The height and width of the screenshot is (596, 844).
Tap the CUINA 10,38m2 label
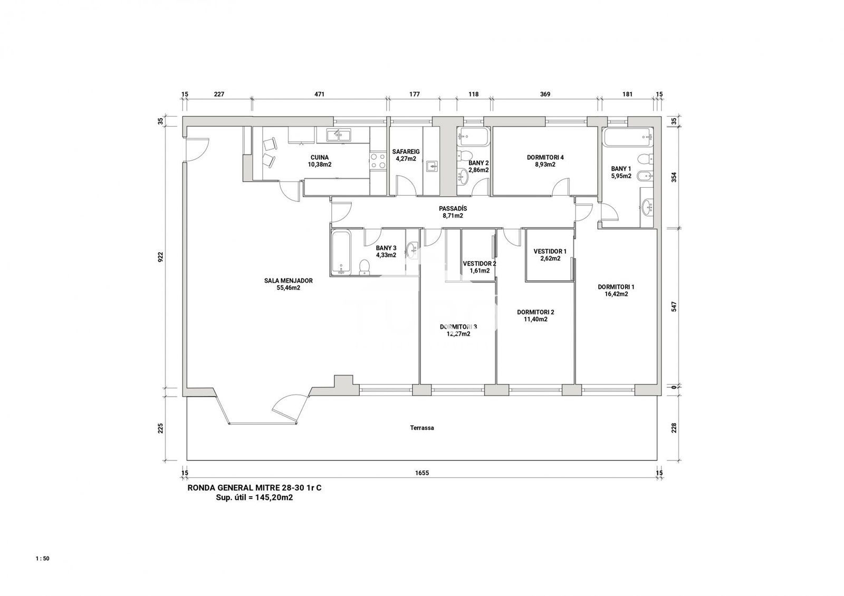pos(320,161)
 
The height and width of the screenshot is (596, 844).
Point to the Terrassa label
pos(422,428)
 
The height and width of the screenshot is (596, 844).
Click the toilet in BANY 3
pos(365,266)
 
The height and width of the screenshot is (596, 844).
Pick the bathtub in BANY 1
pos(627,137)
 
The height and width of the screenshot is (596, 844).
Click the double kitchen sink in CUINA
pos(75,136)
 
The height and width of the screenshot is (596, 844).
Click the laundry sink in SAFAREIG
pos(433,166)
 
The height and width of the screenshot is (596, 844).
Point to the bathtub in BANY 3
pos(341,252)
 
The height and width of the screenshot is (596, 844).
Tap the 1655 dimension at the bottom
pos(422,473)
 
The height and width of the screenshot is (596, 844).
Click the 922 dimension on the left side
pos(160,256)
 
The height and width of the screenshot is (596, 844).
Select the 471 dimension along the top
pos(319,94)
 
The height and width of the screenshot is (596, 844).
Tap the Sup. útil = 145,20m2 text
pos(254,498)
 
